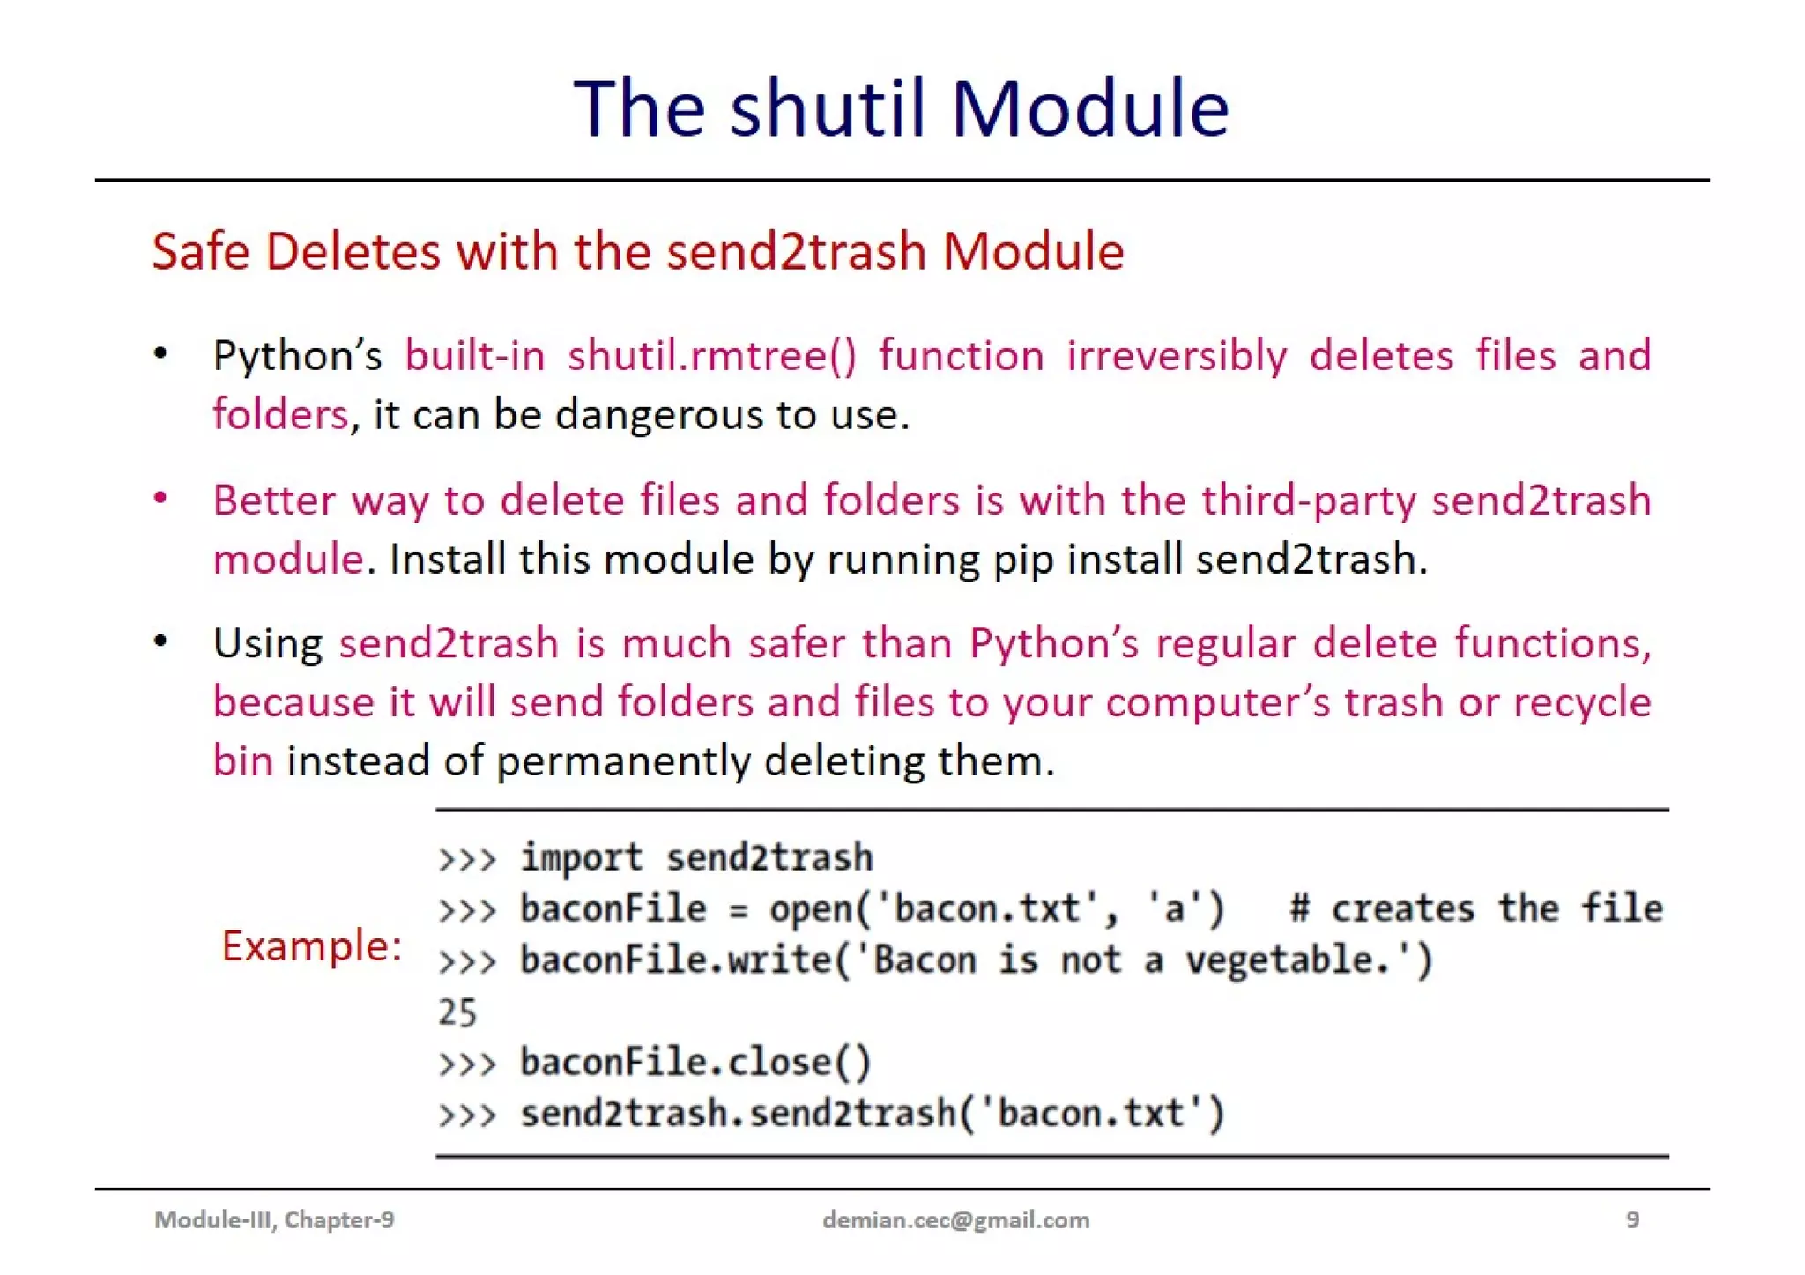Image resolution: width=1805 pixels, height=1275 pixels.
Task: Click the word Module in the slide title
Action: click(1089, 108)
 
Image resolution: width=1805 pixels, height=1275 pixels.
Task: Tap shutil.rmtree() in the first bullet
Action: click(711, 356)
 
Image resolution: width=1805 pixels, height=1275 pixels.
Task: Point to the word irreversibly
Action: click(1176, 356)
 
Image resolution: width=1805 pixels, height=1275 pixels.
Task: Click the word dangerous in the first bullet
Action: click(658, 414)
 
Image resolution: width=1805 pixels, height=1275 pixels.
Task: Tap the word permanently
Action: click(623, 760)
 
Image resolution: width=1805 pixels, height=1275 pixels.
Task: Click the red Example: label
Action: click(311, 946)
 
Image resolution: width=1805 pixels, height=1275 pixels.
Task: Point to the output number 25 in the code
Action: click(457, 1012)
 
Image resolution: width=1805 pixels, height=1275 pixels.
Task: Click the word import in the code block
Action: click(582, 857)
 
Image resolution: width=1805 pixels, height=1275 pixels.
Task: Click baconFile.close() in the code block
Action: click(695, 1063)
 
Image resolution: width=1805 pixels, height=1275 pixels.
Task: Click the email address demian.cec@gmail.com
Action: click(955, 1220)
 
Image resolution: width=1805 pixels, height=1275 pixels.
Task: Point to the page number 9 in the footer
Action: click(1632, 1220)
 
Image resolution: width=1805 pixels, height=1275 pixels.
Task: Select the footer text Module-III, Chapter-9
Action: click(274, 1220)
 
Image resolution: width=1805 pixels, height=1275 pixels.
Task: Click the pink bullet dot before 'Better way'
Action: click(160, 499)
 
